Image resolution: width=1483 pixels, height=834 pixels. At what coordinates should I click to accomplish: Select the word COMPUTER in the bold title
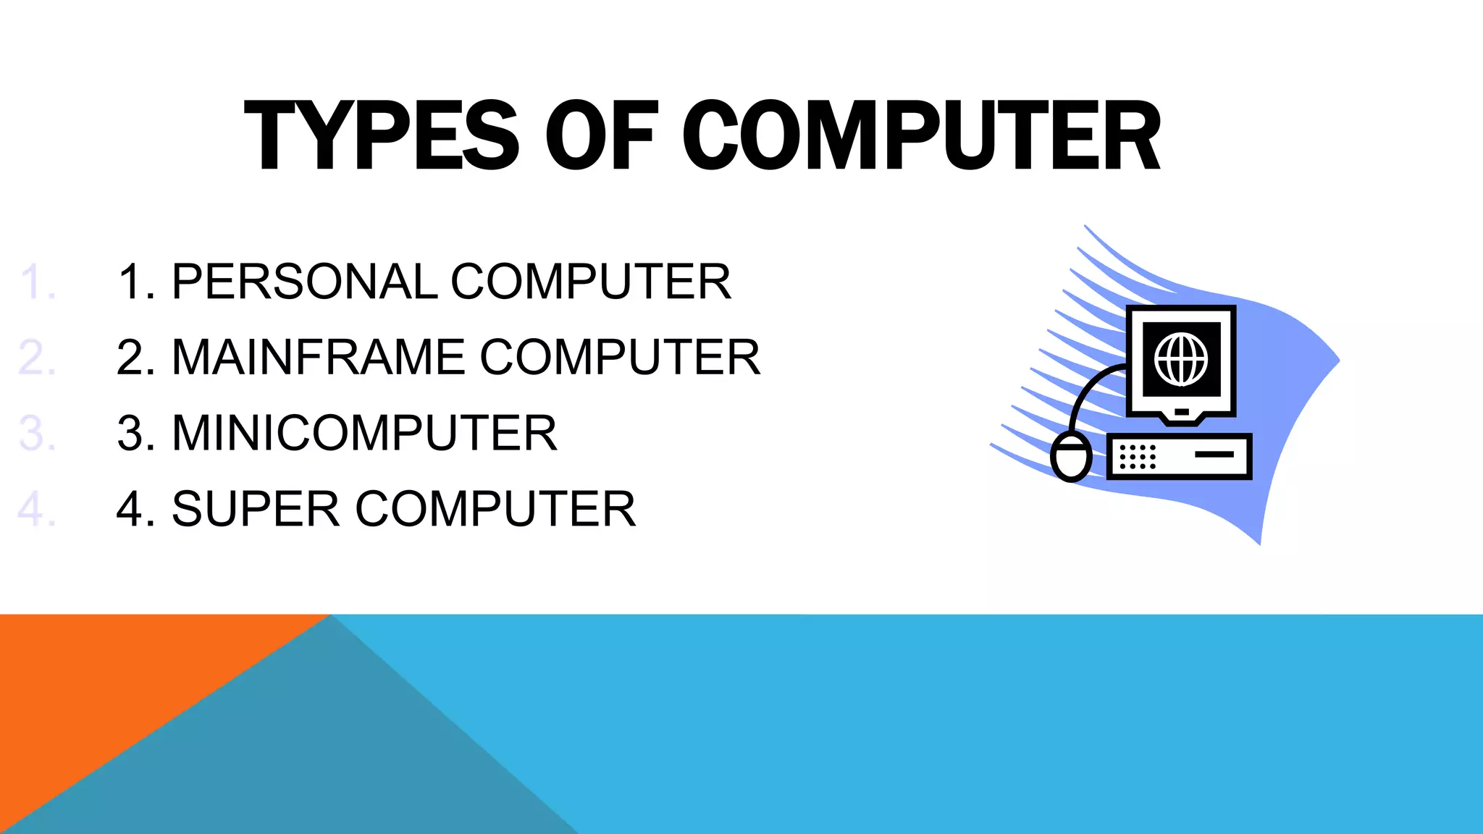point(921,136)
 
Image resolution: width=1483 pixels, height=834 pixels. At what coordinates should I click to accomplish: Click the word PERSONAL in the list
point(304,282)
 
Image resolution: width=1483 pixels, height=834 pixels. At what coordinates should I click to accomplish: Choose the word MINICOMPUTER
point(364,433)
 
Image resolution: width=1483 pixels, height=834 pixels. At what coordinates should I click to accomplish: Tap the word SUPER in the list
point(256,509)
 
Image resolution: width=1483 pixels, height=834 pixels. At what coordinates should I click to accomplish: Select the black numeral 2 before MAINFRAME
point(131,357)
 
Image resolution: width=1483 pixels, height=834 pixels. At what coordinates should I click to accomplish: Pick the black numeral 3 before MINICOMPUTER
point(131,433)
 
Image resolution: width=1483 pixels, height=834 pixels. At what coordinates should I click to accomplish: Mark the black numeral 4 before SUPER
point(131,509)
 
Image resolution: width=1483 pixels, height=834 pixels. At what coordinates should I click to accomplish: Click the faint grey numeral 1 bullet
point(33,282)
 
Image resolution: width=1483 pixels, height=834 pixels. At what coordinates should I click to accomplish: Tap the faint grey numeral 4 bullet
point(32,509)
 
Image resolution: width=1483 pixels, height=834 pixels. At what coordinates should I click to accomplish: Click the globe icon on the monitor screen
point(1181,359)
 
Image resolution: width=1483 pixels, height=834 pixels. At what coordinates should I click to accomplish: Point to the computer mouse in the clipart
point(1071,458)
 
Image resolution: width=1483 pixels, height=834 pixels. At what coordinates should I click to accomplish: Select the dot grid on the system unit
point(1138,457)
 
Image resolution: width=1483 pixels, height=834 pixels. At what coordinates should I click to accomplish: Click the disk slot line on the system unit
point(1214,454)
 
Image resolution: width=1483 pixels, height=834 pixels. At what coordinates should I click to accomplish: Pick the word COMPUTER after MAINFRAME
point(620,357)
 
